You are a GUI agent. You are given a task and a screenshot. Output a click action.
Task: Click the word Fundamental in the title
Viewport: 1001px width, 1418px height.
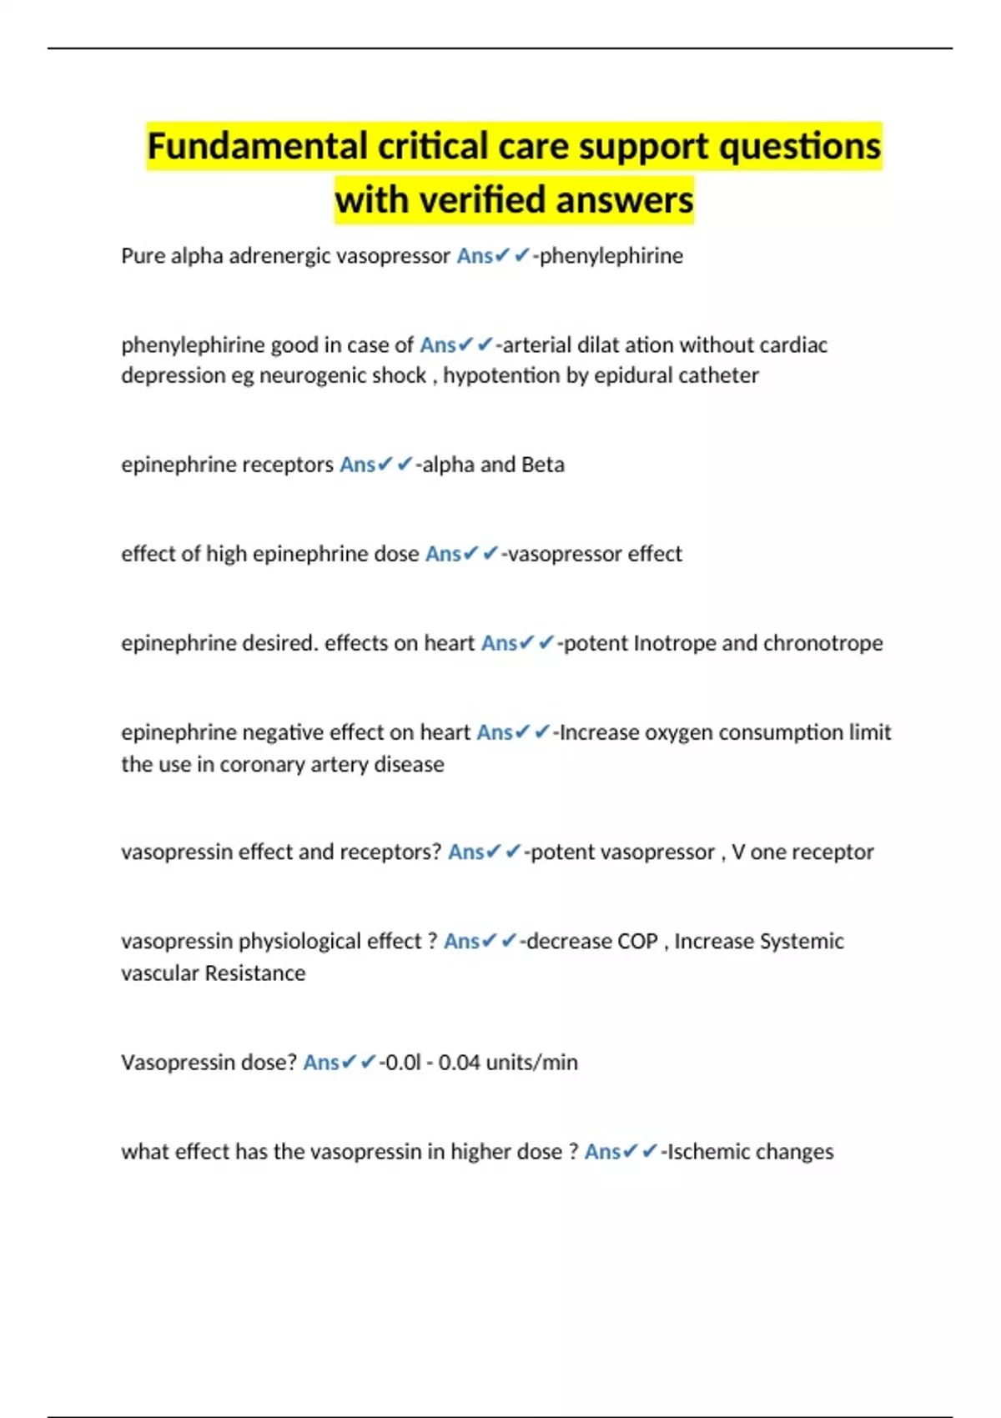point(258,147)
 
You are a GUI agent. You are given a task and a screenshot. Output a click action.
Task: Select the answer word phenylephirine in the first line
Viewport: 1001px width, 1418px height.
point(611,255)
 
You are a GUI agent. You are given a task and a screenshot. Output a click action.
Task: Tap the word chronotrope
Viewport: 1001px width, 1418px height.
point(822,643)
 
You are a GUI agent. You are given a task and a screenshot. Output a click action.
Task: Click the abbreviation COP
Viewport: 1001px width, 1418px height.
point(637,941)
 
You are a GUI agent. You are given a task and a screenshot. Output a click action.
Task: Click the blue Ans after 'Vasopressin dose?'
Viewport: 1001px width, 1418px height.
point(320,1063)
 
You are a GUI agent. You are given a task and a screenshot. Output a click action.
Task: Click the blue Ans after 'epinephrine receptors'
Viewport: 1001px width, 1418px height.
point(357,465)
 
